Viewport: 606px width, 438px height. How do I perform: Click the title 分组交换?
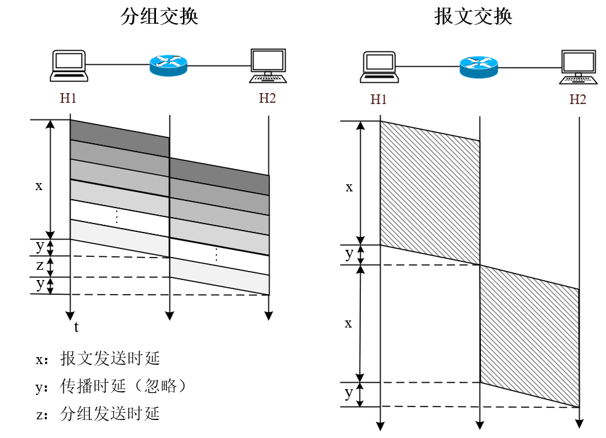point(159,17)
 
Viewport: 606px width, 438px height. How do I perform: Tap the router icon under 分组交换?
point(168,64)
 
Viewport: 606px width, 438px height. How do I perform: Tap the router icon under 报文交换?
point(479,64)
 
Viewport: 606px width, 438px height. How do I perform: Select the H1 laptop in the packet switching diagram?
point(69,66)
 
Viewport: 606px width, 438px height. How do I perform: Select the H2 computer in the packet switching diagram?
point(268,66)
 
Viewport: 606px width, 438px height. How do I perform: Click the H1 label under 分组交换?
point(69,99)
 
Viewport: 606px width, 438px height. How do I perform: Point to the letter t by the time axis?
point(76,328)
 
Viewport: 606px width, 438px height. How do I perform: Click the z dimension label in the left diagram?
point(40,265)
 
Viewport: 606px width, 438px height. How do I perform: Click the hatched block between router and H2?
point(529,334)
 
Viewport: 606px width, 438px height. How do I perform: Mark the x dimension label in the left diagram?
point(39,186)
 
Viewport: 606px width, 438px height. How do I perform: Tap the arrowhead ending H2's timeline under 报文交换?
point(580,423)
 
